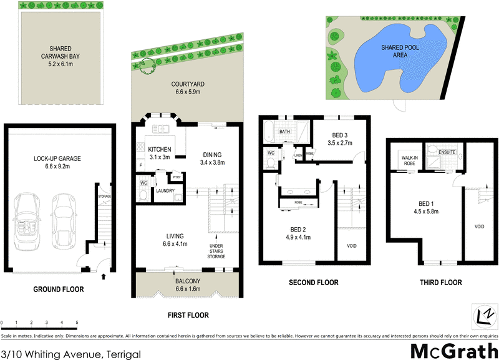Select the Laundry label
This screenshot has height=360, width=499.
[x=165, y=191]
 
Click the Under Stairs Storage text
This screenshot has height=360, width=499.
[x=216, y=250]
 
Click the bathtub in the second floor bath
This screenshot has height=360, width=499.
[x=269, y=132]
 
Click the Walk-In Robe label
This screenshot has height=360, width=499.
[x=410, y=161]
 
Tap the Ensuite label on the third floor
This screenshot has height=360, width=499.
[x=447, y=152]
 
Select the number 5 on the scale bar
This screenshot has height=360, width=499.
[x=77, y=323]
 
